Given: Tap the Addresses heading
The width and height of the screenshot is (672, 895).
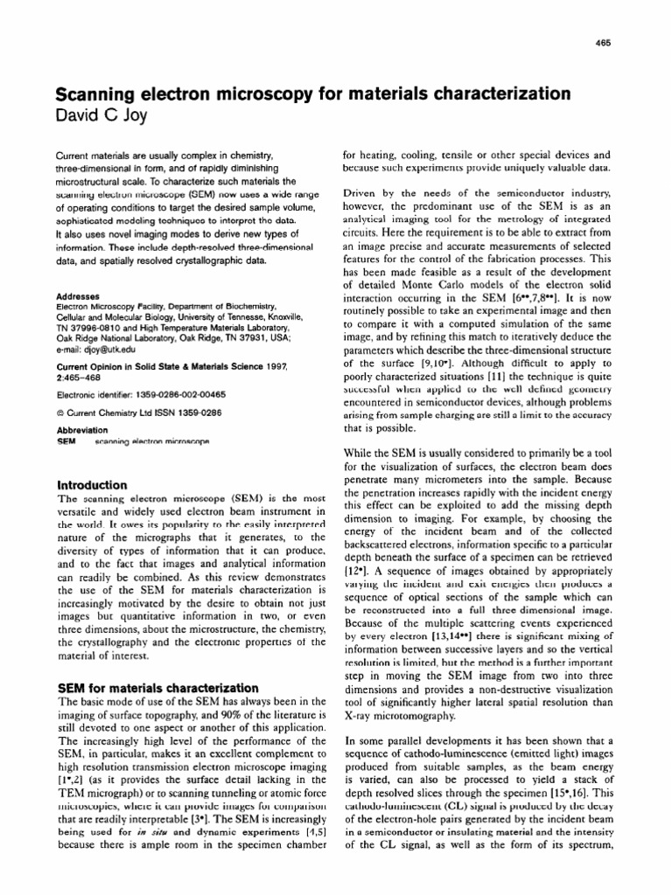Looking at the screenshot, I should (x=78, y=297).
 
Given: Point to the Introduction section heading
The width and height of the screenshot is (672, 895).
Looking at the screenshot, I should (x=92, y=484).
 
